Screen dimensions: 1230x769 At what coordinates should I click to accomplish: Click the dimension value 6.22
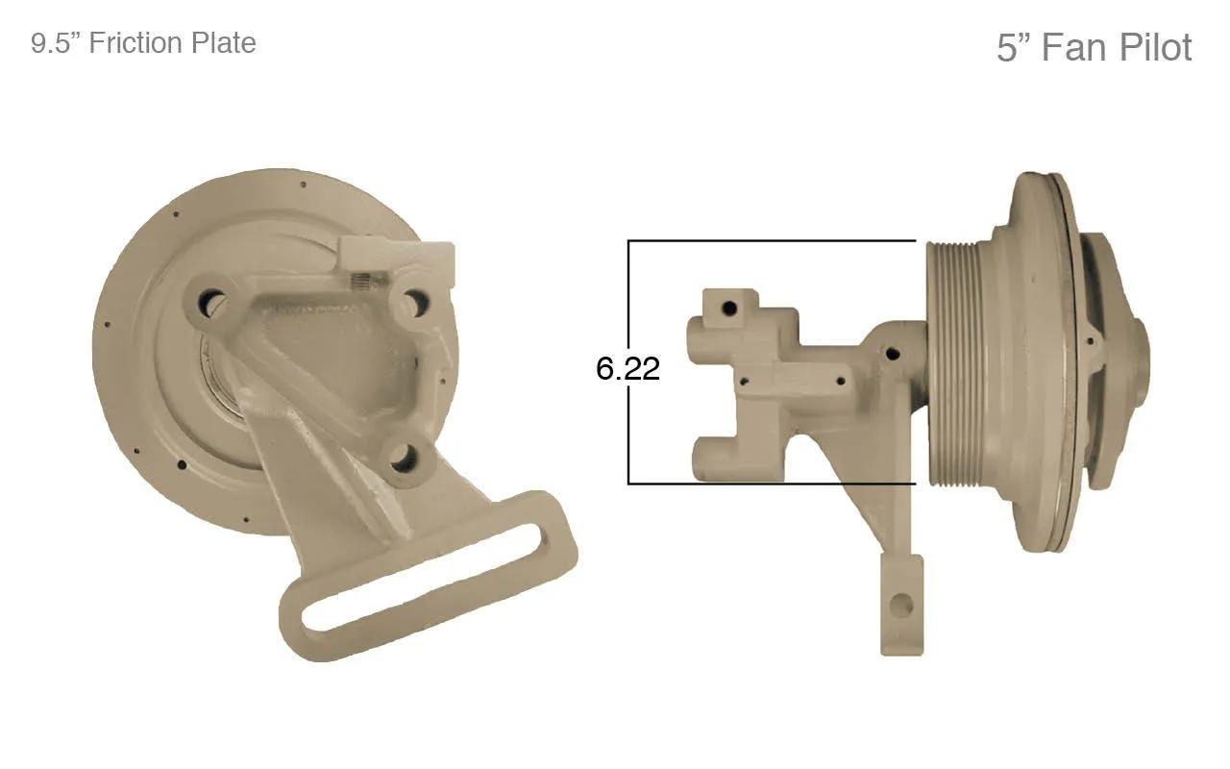click(627, 368)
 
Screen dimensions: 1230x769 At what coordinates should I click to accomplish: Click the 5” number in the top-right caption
click(1015, 48)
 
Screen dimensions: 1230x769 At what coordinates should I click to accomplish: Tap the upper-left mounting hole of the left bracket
click(210, 303)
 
